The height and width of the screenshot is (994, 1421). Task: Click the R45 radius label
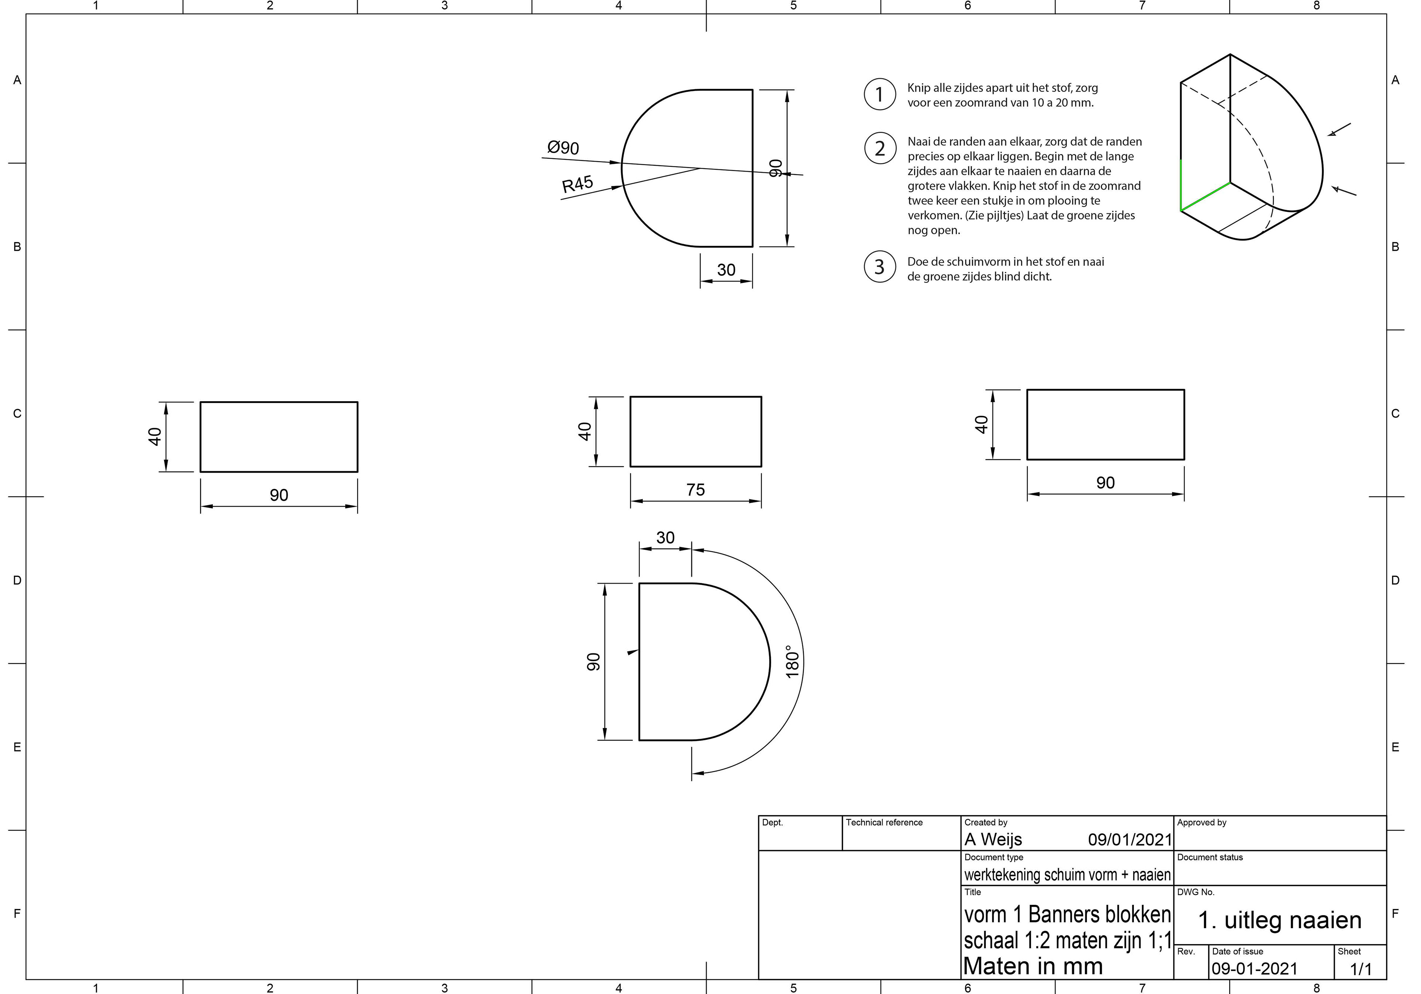point(577,184)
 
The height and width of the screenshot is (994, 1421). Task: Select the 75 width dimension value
point(696,490)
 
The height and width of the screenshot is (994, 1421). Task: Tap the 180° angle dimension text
point(792,662)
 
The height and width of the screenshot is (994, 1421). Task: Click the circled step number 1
point(880,95)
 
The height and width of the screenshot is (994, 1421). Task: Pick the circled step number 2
point(880,148)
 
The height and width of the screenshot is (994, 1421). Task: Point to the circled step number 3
point(880,267)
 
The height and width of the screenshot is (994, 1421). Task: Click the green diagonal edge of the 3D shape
point(1205,197)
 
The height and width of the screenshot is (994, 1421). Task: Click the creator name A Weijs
point(993,839)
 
